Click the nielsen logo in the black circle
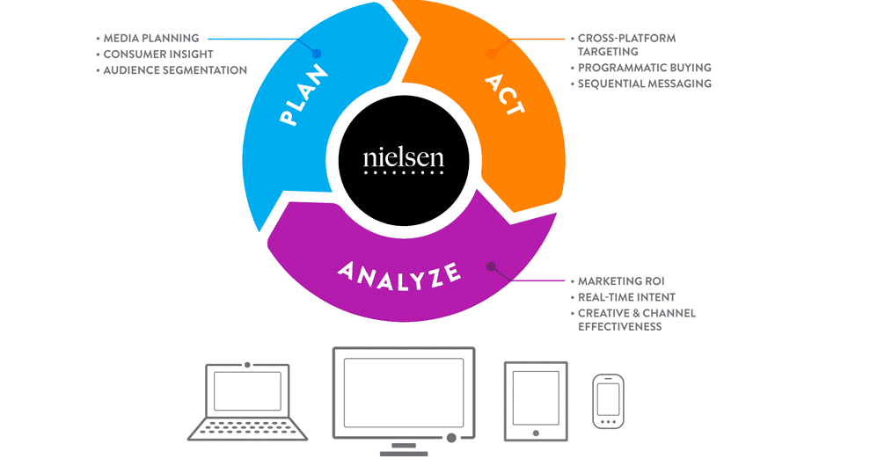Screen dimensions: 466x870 pos(404,161)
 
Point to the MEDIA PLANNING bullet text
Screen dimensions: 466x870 pos(151,39)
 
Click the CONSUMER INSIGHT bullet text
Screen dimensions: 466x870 pos(158,55)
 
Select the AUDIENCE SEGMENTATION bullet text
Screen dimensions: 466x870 pos(175,70)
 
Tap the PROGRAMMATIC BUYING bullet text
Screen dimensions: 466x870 pos(645,68)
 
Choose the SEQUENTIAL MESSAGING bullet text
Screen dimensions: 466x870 pos(645,84)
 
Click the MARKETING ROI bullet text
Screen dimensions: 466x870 pos(620,281)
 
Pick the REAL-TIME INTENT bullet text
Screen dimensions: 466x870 pos(626,297)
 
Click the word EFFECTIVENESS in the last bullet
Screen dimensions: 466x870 pos(619,327)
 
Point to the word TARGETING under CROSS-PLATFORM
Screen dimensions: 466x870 pos(608,52)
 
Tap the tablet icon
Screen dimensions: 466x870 pos(536,401)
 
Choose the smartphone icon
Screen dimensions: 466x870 pos(608,401)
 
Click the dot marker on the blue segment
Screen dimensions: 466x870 pos(317,54)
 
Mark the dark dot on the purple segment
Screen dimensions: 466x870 pos(492,266)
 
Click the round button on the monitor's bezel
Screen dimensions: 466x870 pos(451,437)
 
